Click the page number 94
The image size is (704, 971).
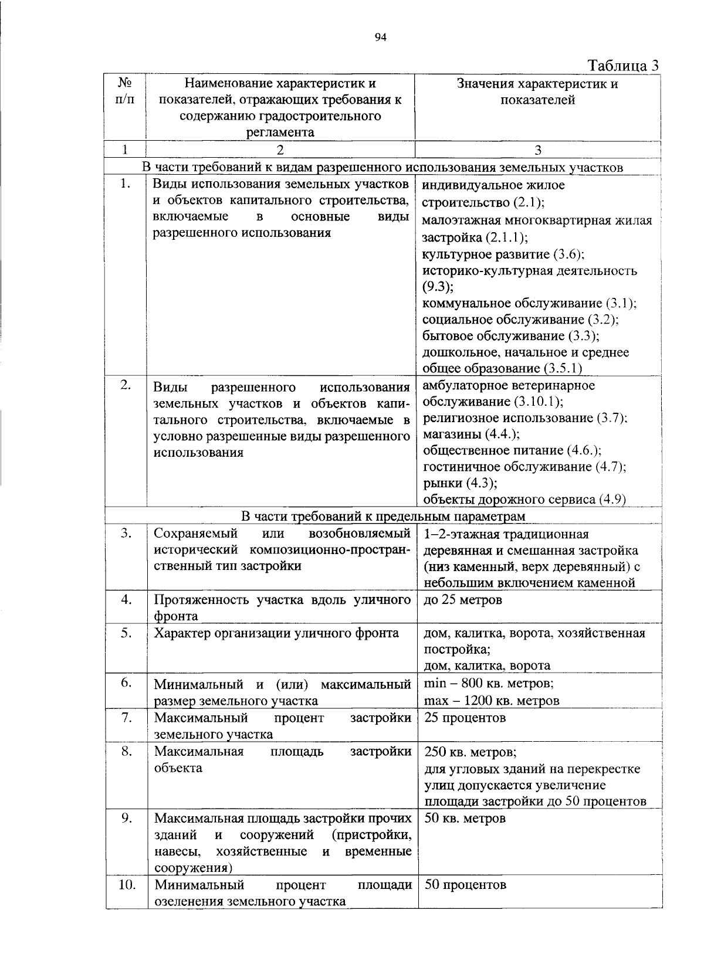[x=380, y=38]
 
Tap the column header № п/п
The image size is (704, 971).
[x=124, y=91]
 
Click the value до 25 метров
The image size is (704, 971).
[x=463, y=600]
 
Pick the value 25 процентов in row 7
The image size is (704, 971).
[x=465, y=718]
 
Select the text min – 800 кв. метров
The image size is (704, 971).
[x=488, y=684]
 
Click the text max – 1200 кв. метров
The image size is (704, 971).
[x=491, y=700]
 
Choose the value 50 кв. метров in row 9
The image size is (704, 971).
[x=465, y=818]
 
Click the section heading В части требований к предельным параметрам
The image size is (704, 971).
[x=384, y=516]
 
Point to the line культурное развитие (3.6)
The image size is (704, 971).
[x=503, y=254]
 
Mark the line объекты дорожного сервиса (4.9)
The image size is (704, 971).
[x=524, y=500]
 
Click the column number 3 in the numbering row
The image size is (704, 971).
[x=539, y=150]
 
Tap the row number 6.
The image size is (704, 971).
[x=126, y=683]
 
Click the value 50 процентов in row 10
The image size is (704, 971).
[x=465, y=885]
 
